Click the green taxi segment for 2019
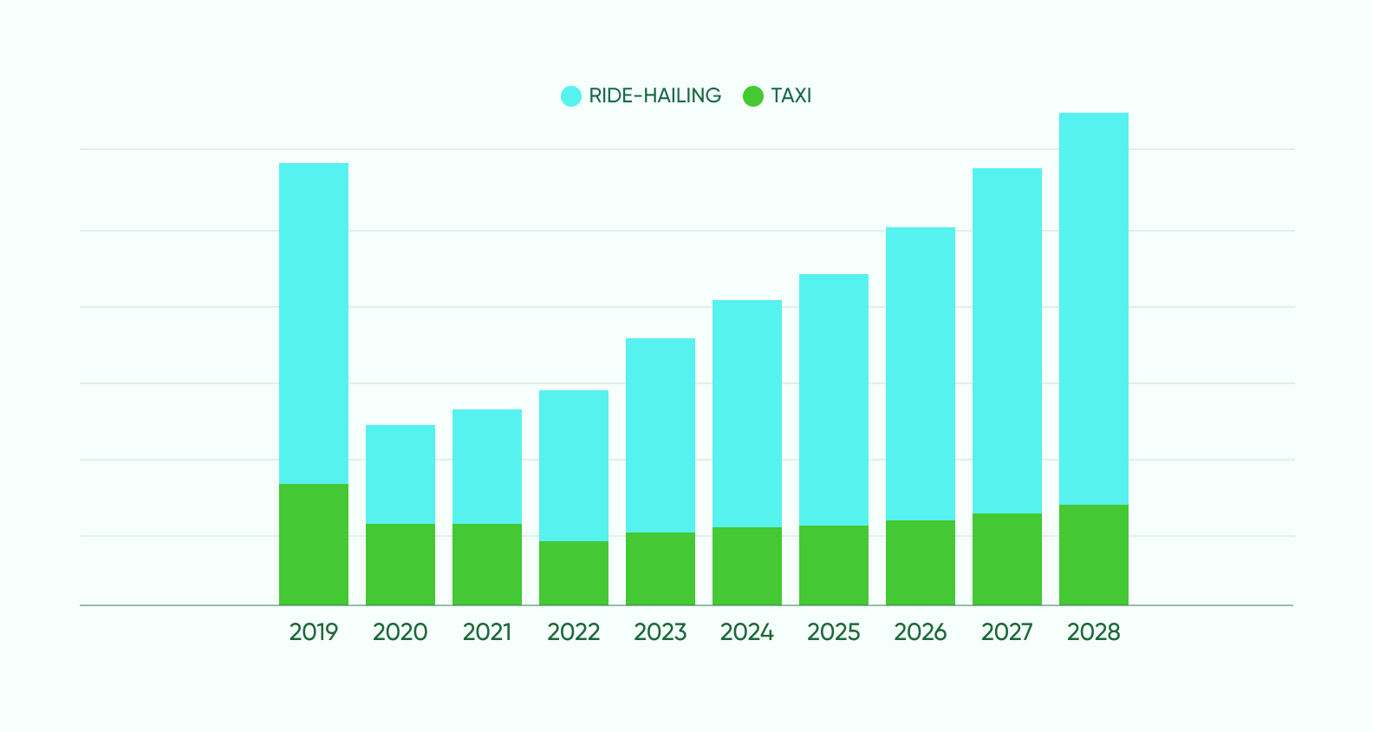(x=314, y=545)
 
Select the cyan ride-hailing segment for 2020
(x=400, y=474)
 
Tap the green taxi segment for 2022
(x=574, y=573)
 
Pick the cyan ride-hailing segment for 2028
(x=1094, y=309)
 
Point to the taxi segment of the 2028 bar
(x=1094, y=555)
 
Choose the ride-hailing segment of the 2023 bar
(x=660, y=435)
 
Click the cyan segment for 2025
(x=834, y=400)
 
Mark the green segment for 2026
(x=921, y=563)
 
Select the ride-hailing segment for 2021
(x=487, y=467)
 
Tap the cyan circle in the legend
(x=571, y=96)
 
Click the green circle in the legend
(x=753, y=96)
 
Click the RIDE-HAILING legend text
(x=654, y=95)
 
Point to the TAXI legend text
(x=791, y=95)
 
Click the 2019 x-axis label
(x=314, y=632)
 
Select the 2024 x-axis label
(x=747, y=632)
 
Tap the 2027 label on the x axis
(x=1007, y=632)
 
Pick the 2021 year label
(x=487, y=632)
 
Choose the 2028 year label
(x=1094, y=632)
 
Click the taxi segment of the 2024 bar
(x=747, y=566)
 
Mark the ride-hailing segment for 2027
(x=1007, y=341)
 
